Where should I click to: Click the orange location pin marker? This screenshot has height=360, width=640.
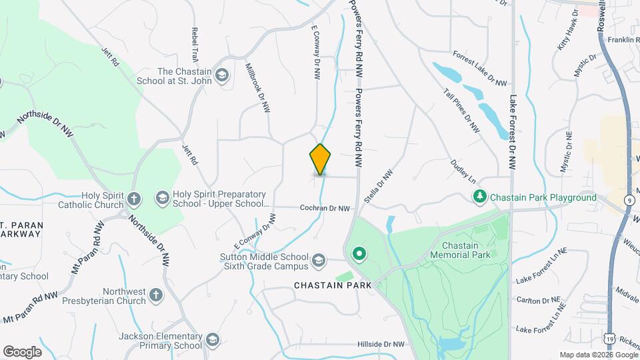(x=320, y=159)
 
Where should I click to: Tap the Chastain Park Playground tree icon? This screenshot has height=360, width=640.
(x=479, y=197)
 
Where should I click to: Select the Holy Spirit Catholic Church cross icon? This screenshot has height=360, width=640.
(x=134, y=199)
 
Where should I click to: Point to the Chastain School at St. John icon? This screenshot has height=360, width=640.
(x=222, y=76)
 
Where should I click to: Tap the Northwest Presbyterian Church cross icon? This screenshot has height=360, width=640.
(x=155, y=295)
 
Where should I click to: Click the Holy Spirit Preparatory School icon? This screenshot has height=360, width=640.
(x=162, y=198)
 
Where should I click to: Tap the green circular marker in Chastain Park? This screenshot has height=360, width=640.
(x=360, y=254)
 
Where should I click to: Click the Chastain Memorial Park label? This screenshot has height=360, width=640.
(x=460, y=250)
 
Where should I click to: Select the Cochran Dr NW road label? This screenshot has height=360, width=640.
(x=325, y=209)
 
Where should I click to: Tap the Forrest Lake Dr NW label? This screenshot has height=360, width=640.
(x=479, y=69)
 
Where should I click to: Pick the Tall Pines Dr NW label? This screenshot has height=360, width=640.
(x=461, y=111)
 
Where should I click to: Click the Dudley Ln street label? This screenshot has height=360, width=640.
(x=463, y=171)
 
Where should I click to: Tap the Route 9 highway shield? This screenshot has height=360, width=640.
(x=630, y=199)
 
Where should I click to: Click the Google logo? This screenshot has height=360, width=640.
(x=22, y=351)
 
